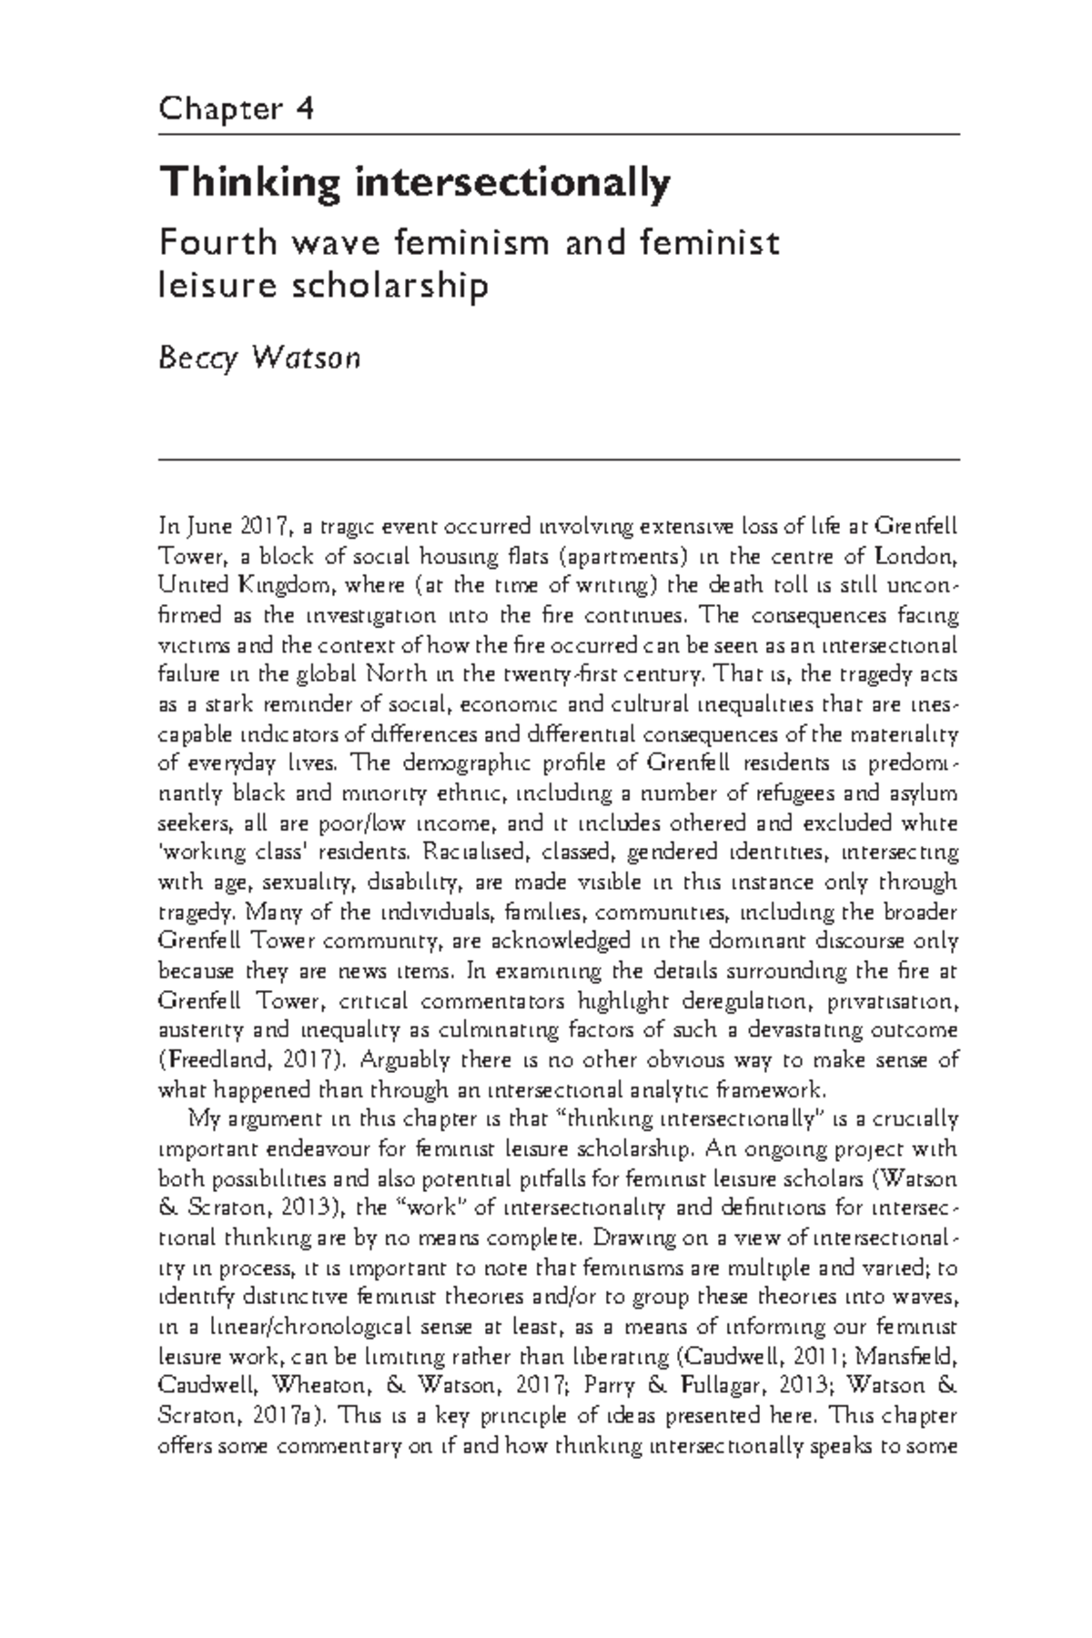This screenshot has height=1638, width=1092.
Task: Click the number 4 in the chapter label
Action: [x=304, y=110]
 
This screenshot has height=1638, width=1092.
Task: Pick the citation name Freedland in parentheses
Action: [x=204, y=1060]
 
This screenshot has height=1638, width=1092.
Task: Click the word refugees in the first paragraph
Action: [x=783, y=793]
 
